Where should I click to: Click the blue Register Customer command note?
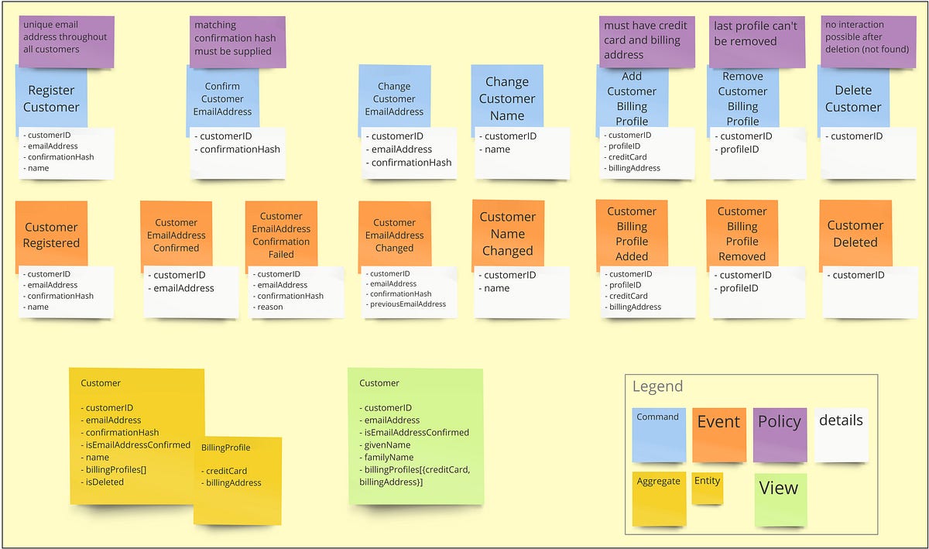click(51, 98)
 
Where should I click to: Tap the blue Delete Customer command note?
click(853, 98)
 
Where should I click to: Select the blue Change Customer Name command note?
click(507, 98)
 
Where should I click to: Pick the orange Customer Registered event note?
click(51, 235)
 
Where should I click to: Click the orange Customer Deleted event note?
click(855, 233)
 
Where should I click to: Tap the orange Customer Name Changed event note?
click(507, 233)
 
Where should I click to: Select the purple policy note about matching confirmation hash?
click(237, 38)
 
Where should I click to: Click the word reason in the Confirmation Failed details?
click(270, 307)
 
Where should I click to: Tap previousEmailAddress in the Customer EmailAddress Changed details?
click(408, 304)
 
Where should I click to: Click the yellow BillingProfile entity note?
click(238, 480)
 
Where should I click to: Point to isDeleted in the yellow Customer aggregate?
click(105, 482)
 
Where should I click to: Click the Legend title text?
click(657, 386)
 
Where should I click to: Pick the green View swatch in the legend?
click(780, 499)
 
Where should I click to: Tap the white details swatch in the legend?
click(841, 434)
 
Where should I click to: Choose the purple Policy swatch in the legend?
click(780, 434)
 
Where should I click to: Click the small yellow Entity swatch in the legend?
click(707, 489)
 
